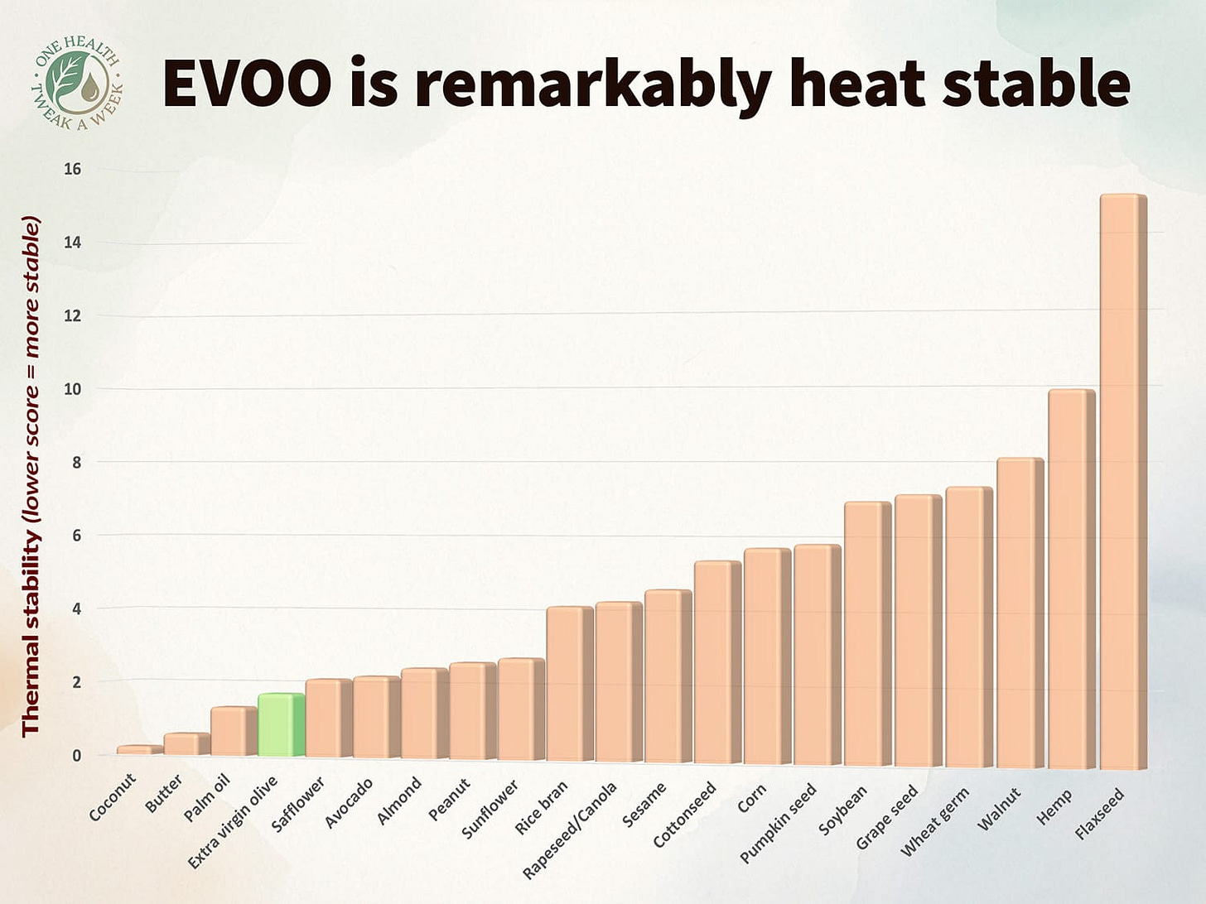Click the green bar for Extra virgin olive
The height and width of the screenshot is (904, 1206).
[281, 725]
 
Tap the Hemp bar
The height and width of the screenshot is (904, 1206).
[1071, 579]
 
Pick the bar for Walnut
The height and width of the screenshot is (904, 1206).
[1020, 613]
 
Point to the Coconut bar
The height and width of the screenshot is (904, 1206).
[138, 750]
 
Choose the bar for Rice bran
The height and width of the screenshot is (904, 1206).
[569, 684]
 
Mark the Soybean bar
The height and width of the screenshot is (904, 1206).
[867, 633]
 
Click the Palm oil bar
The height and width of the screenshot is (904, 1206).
[233, 731]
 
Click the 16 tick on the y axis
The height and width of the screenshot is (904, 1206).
[72, 169]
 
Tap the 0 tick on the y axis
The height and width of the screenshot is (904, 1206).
[76, 755]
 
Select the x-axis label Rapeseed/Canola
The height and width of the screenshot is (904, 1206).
[571, 829]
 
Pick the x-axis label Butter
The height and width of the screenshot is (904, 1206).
[164, 793]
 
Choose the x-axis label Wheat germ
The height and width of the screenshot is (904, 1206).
[934, 820]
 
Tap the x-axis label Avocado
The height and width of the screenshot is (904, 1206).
[349, 802]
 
